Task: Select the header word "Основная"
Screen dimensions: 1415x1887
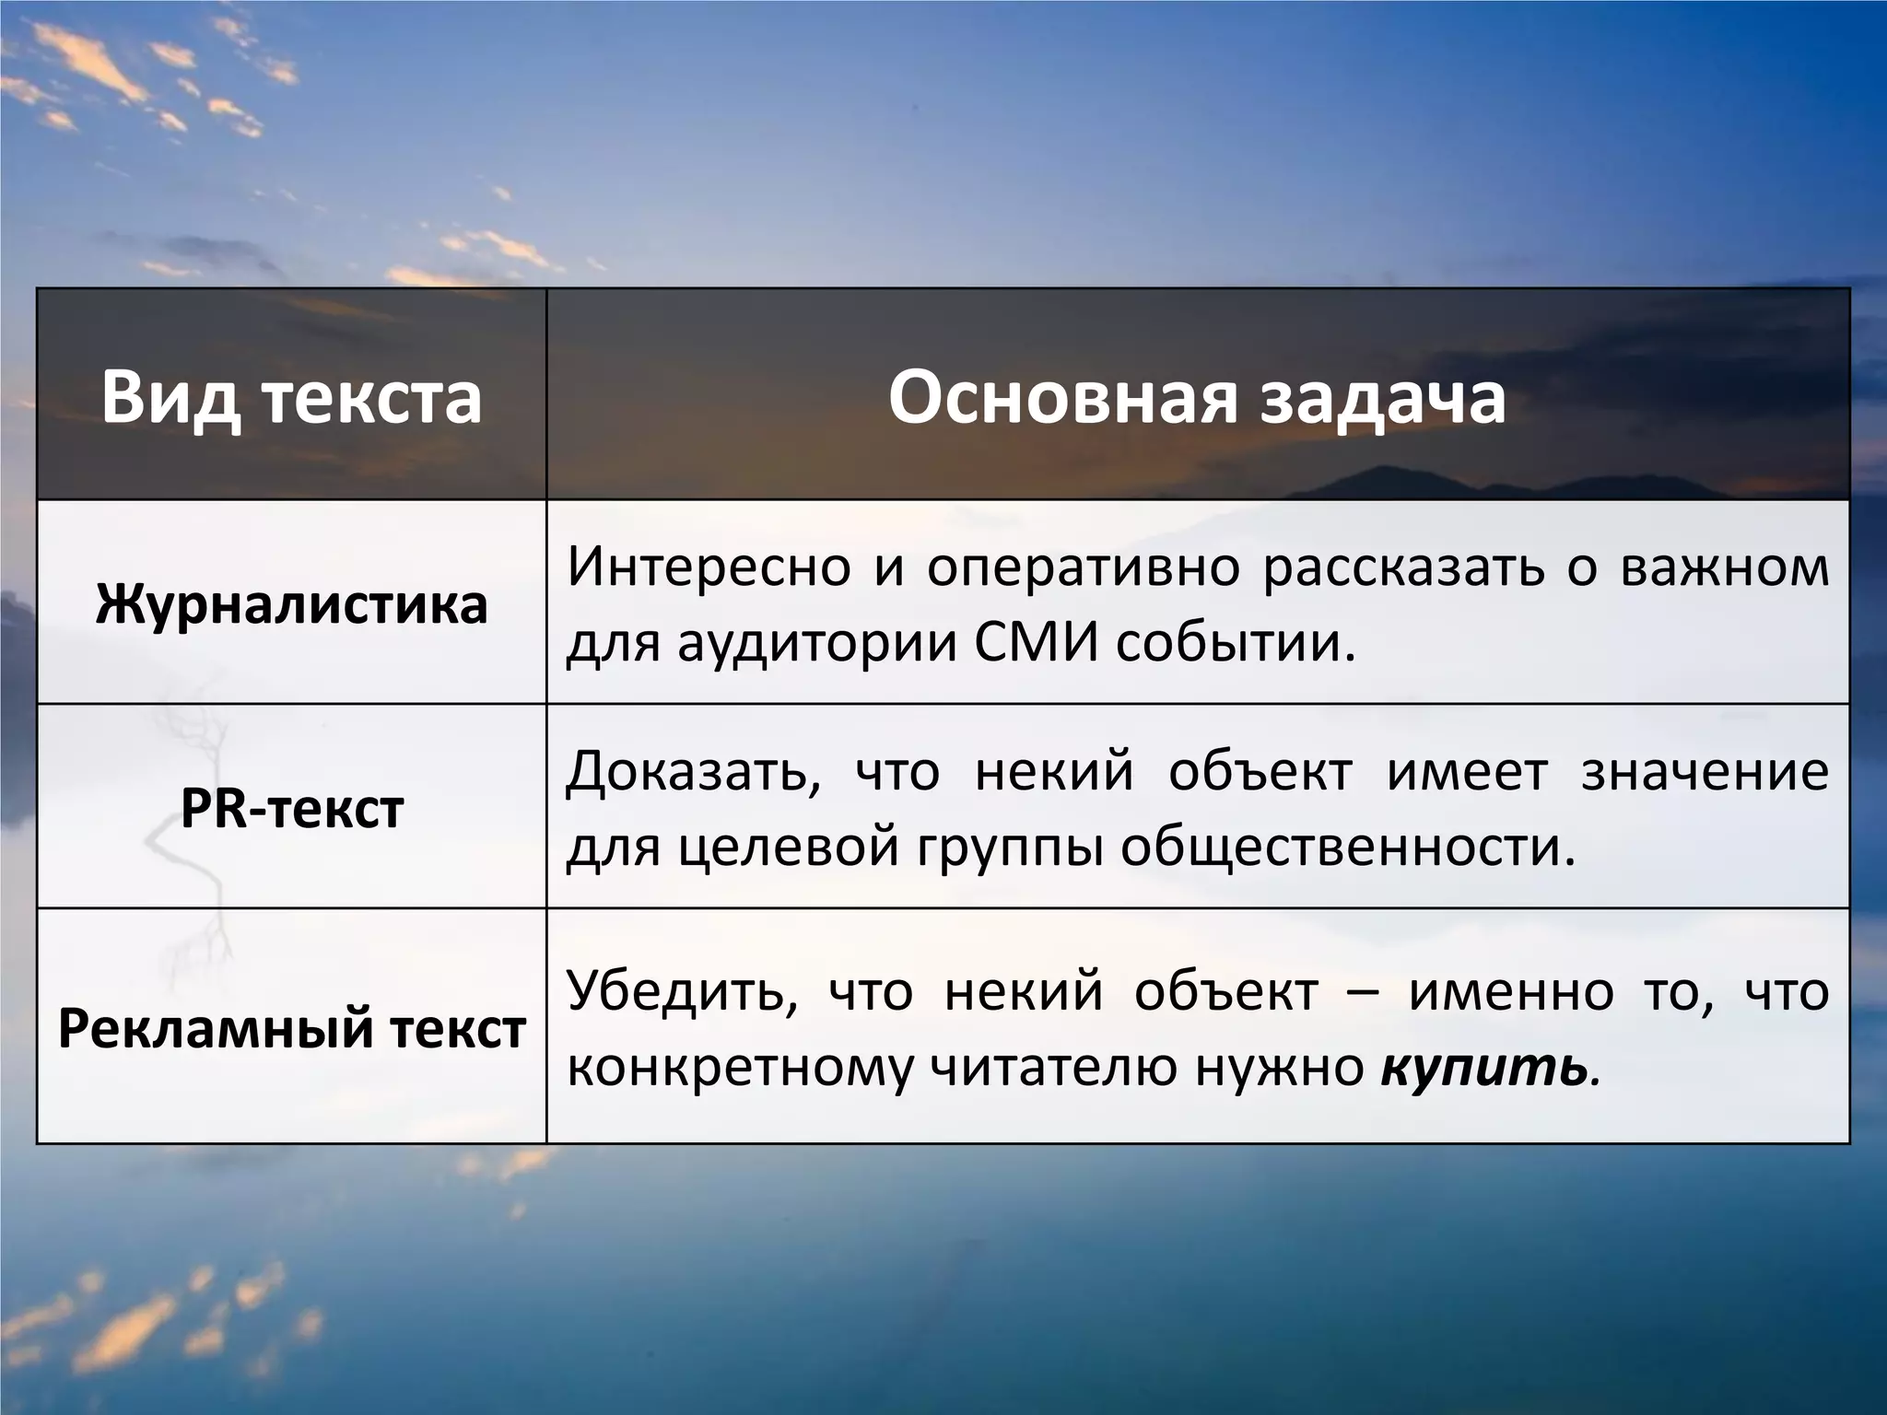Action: pyautogui.click(x=1061, y=397)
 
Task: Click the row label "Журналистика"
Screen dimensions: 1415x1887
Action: pyautogui.click(x=291, y=604)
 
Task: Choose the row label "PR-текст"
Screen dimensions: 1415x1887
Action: pyautogui.click(x=291, y=809)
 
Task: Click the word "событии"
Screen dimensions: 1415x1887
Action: pyautogui.click(x=1237, y=642)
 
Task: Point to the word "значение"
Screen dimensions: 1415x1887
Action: pyautogui.click(x=1705, y=772)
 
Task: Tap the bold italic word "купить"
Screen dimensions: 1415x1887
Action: pyautogui.click(x=1484, y=1068)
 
